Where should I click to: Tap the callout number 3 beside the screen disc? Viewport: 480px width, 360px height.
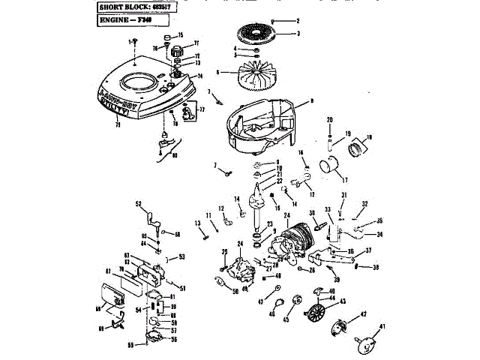[x=298, y=34]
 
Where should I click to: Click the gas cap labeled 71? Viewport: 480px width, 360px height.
[x=178, y=51]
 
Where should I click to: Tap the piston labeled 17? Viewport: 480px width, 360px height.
[x=328, y=166]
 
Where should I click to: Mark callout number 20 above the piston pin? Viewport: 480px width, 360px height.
[x=329, y=120]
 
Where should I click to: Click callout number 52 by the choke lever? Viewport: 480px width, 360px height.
[x=139, y=203]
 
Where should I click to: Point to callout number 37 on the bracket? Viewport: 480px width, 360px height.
[x=369, y=250]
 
